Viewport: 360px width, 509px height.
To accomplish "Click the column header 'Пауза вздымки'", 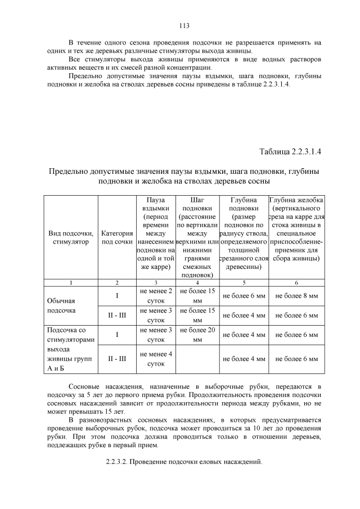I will [156, 205].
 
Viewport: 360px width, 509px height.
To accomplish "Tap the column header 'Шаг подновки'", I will [197, 205].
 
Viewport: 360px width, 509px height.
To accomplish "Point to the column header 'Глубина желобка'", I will [296, 200].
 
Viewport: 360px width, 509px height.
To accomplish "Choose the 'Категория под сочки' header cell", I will [117, 237].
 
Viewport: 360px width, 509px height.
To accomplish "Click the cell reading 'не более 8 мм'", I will [296, 296].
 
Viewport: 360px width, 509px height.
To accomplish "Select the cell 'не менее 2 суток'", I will [156, 296].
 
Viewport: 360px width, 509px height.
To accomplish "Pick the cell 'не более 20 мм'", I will [197, 335].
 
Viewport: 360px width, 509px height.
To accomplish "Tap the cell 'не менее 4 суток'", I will [156, 358].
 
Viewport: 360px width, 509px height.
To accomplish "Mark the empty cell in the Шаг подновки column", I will [197, 358].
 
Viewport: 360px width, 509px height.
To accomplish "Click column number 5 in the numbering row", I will [244, 282].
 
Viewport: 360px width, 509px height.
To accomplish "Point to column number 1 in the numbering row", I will [71, 282].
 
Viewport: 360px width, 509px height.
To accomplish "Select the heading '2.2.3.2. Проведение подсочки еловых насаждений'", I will [184, 462].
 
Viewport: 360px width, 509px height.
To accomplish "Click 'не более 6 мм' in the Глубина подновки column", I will [244, 296].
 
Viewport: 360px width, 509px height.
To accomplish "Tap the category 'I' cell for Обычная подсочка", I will [117, 296].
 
